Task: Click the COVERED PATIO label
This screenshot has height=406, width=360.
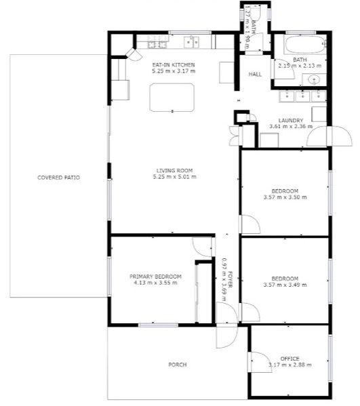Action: pyautogui.click(x=58, y=178)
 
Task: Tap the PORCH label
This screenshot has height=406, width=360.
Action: pyautogui.click(x=178, y=365)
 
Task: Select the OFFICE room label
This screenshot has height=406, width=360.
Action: pyautogui.click(x=289, y=359)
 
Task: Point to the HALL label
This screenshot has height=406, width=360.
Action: pyautogui.click(x=255, y=75)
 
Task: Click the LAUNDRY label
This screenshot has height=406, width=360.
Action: pyautogui.click(x=291, y=121)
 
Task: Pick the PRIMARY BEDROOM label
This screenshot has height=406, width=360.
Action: pyautogui.click(x=155, y=277)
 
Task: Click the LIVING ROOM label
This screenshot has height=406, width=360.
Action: pyautogui.click(x=174, y=171)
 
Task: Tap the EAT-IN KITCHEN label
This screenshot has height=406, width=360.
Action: pyautogui.click(x=174, y=65)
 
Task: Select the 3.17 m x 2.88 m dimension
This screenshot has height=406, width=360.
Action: pyautogui.click(x=289, y=365)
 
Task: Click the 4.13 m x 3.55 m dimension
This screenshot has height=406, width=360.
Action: pyautogui.click(x=155, y=283)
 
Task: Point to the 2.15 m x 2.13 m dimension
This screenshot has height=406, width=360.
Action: pyautogui.click(x=300, y=66)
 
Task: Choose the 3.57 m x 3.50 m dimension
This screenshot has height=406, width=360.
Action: pyautogui.click(x=285, y=197)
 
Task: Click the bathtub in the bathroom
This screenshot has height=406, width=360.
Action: pyautogui.click(x=305, y=45)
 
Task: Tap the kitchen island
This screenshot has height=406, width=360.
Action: pyautogui.click(x=172, y=98)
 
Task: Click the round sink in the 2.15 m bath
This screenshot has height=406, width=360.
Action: pyautogui.click(x=314, y=79)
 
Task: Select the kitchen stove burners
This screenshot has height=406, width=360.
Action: pyautogui.click(x=157, y=42)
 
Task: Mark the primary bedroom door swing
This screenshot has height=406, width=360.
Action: pyautogui.click(x=203, y=247)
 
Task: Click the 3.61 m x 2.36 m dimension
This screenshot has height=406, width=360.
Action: pyautogui.click(x=291, y=127)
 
